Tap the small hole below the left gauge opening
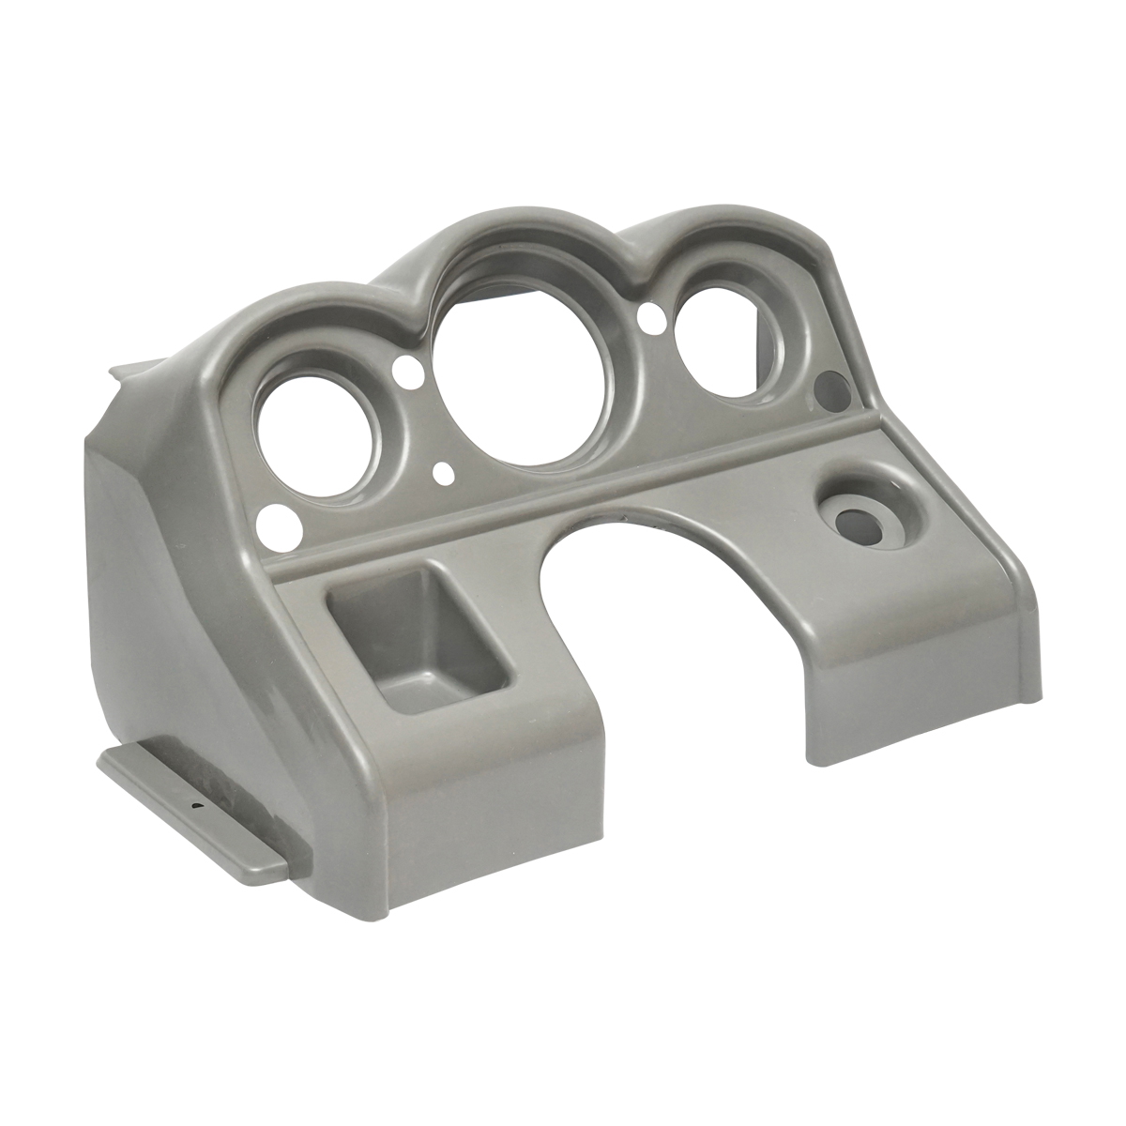(x=276, y=517)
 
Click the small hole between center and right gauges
(x=647, y=318)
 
